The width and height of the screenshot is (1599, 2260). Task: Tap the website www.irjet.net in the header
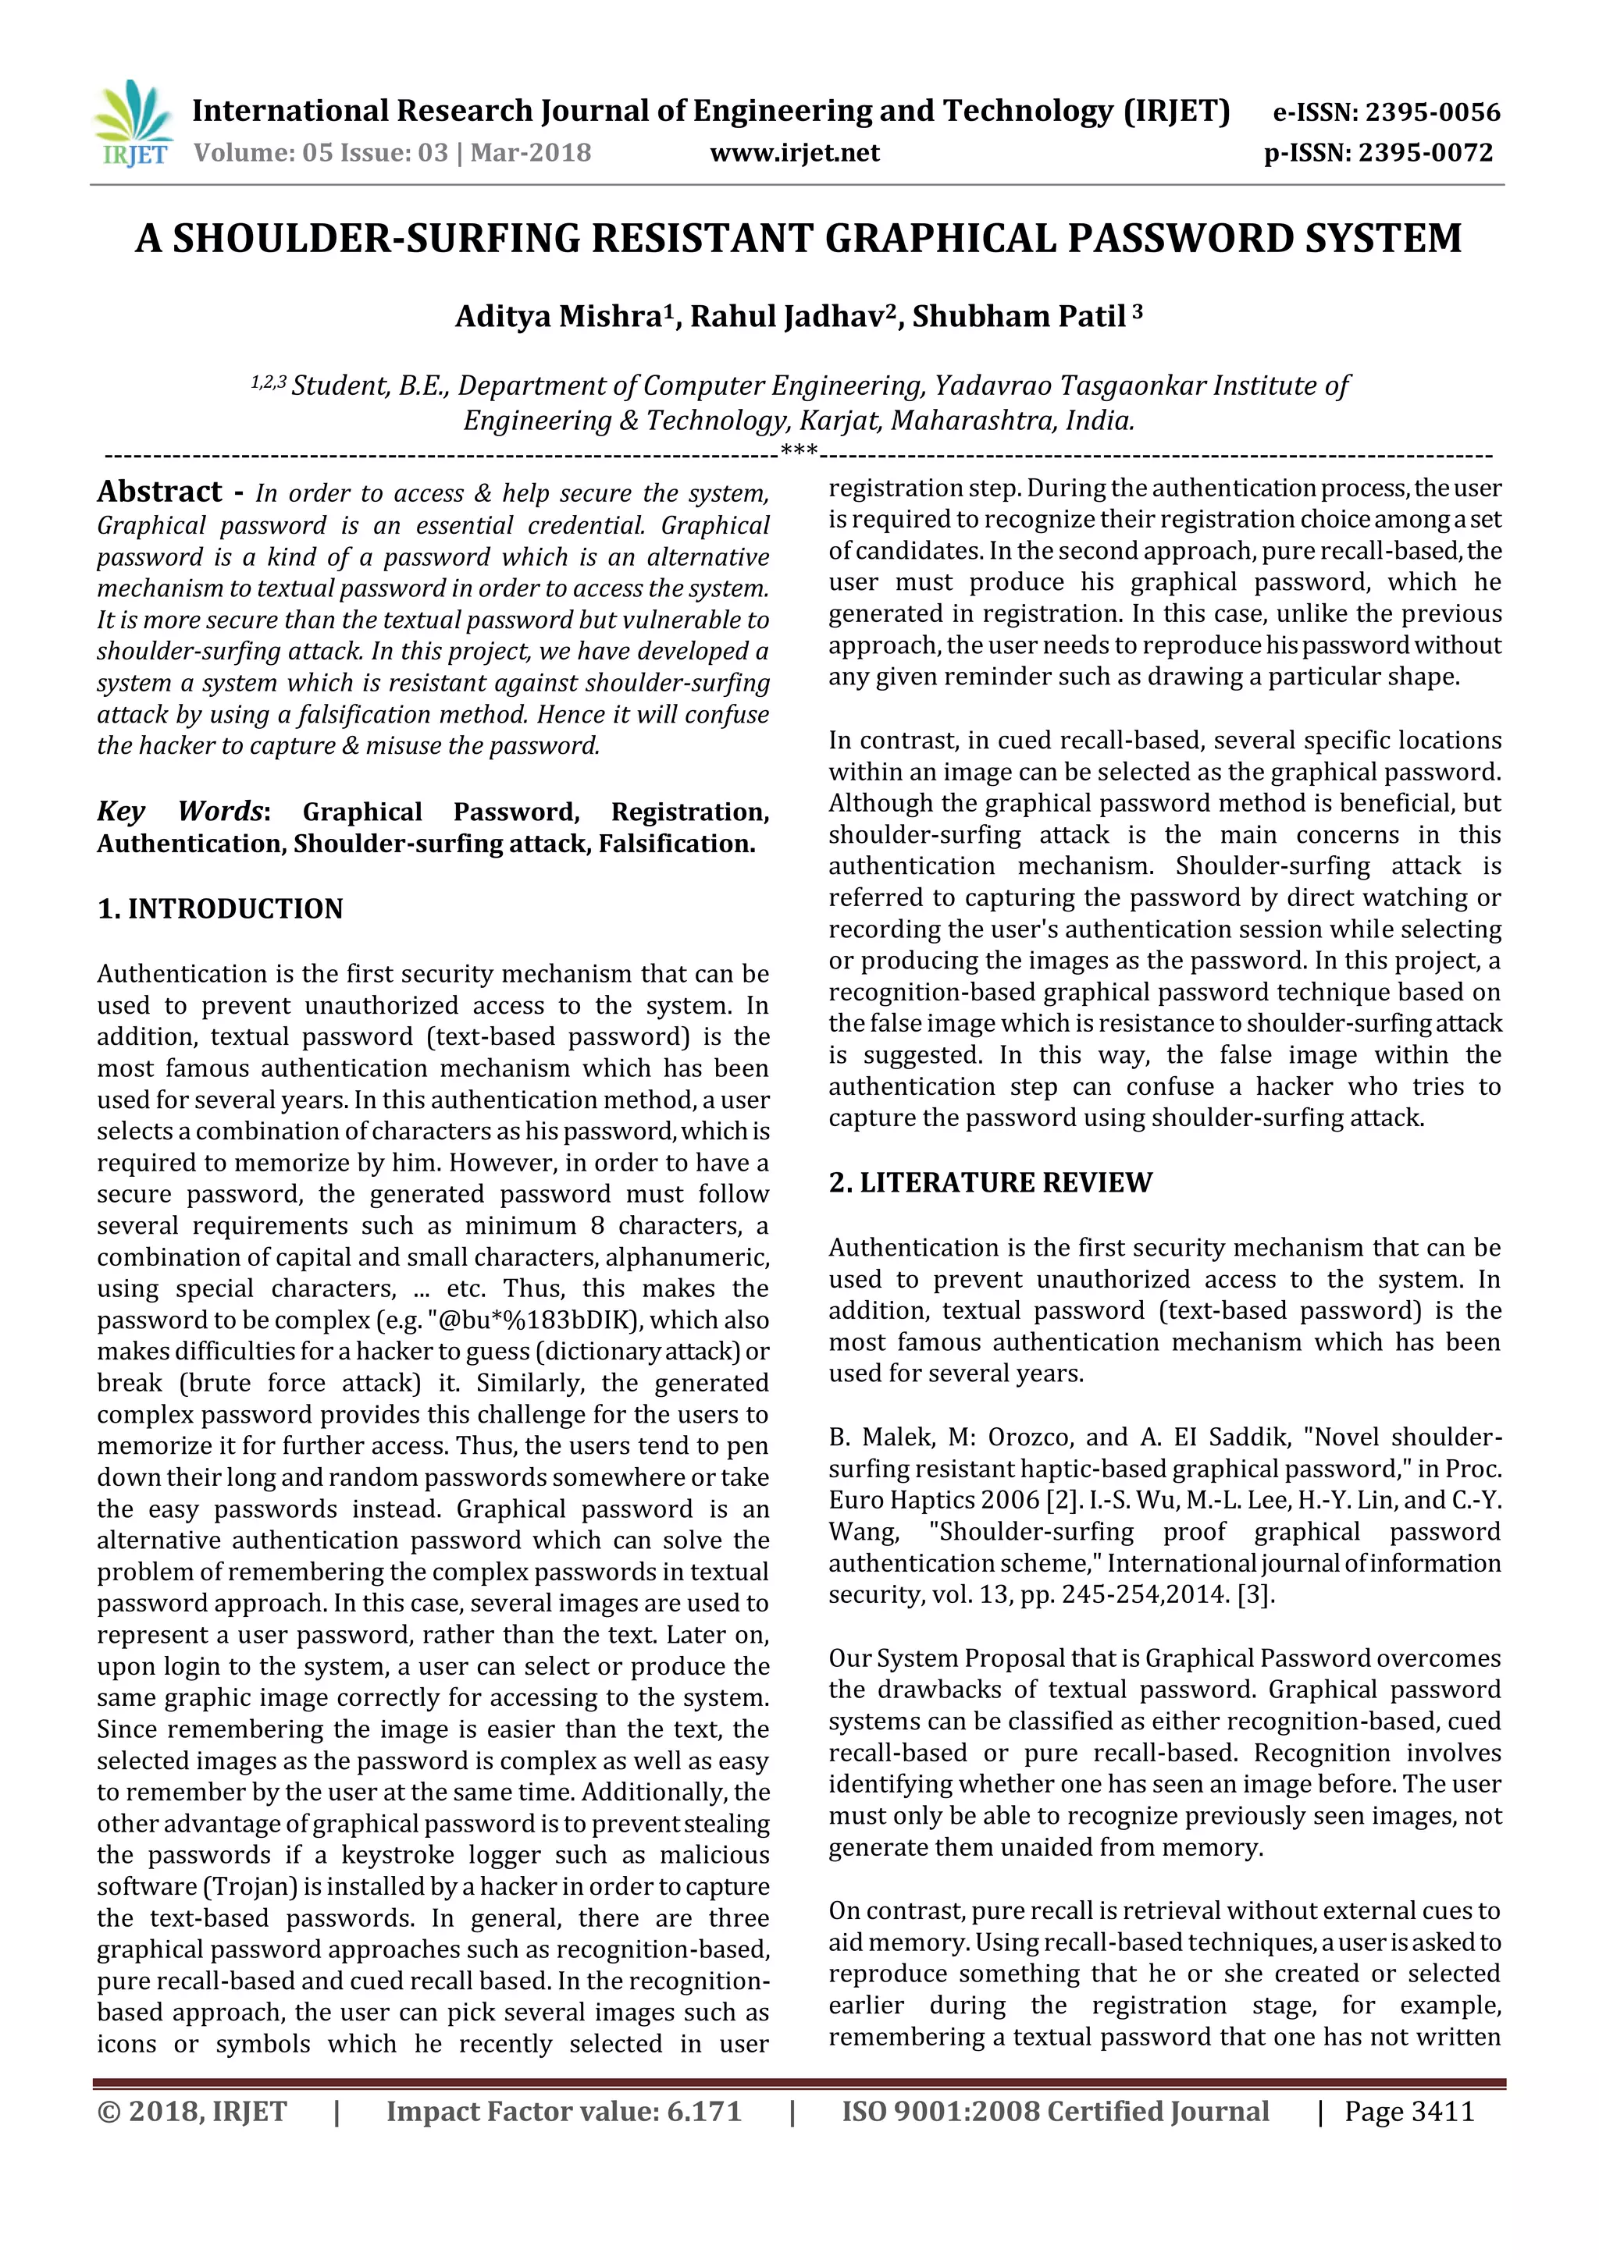[x=795, y=153]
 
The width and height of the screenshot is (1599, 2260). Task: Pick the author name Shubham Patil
[x=1019, y=317]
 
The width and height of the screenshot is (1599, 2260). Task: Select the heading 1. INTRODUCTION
[x=219, y=908]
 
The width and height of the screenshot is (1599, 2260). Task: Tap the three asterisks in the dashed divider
[x=799, y=453]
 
